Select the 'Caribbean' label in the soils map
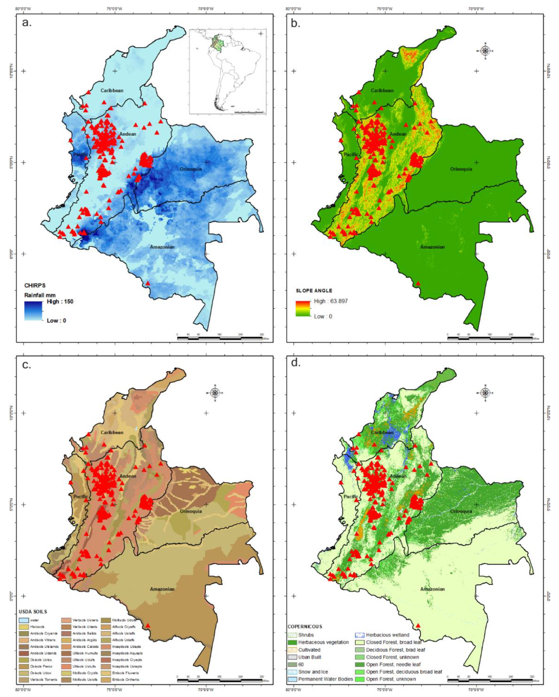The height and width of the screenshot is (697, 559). coord(112,433)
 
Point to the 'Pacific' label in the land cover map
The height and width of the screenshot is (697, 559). coord(351,497)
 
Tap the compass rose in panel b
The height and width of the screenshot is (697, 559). coord(485,51)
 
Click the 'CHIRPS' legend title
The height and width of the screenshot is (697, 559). coord(35,286)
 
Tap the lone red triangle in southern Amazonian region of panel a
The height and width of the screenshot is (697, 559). coord(148,283)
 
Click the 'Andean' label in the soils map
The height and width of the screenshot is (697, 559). coord(128,476)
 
